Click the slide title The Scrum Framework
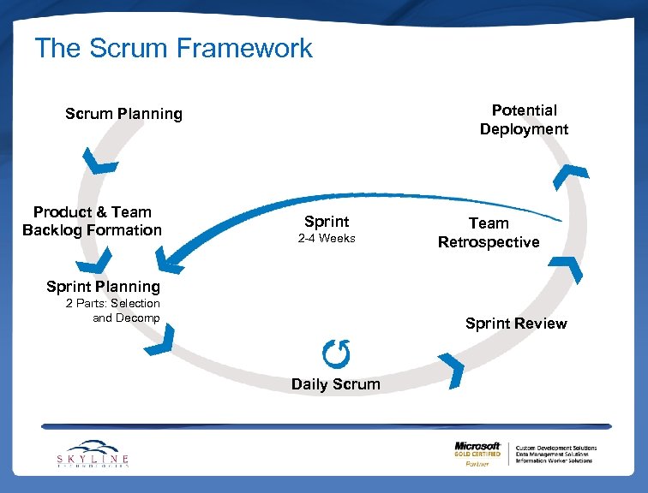point(173,48)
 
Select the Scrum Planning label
point(123,114)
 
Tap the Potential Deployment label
point(524,120)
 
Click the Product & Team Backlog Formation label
point(92,221)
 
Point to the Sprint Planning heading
point(103,286)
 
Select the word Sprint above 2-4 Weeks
point(327,222)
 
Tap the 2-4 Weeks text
point(327,239)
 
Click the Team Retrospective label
point(489,233)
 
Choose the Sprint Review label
point(516,324)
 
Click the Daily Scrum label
point(335,384)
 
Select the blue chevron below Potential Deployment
point(570,174)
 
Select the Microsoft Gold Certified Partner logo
point(478,453)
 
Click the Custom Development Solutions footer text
point(555,448)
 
